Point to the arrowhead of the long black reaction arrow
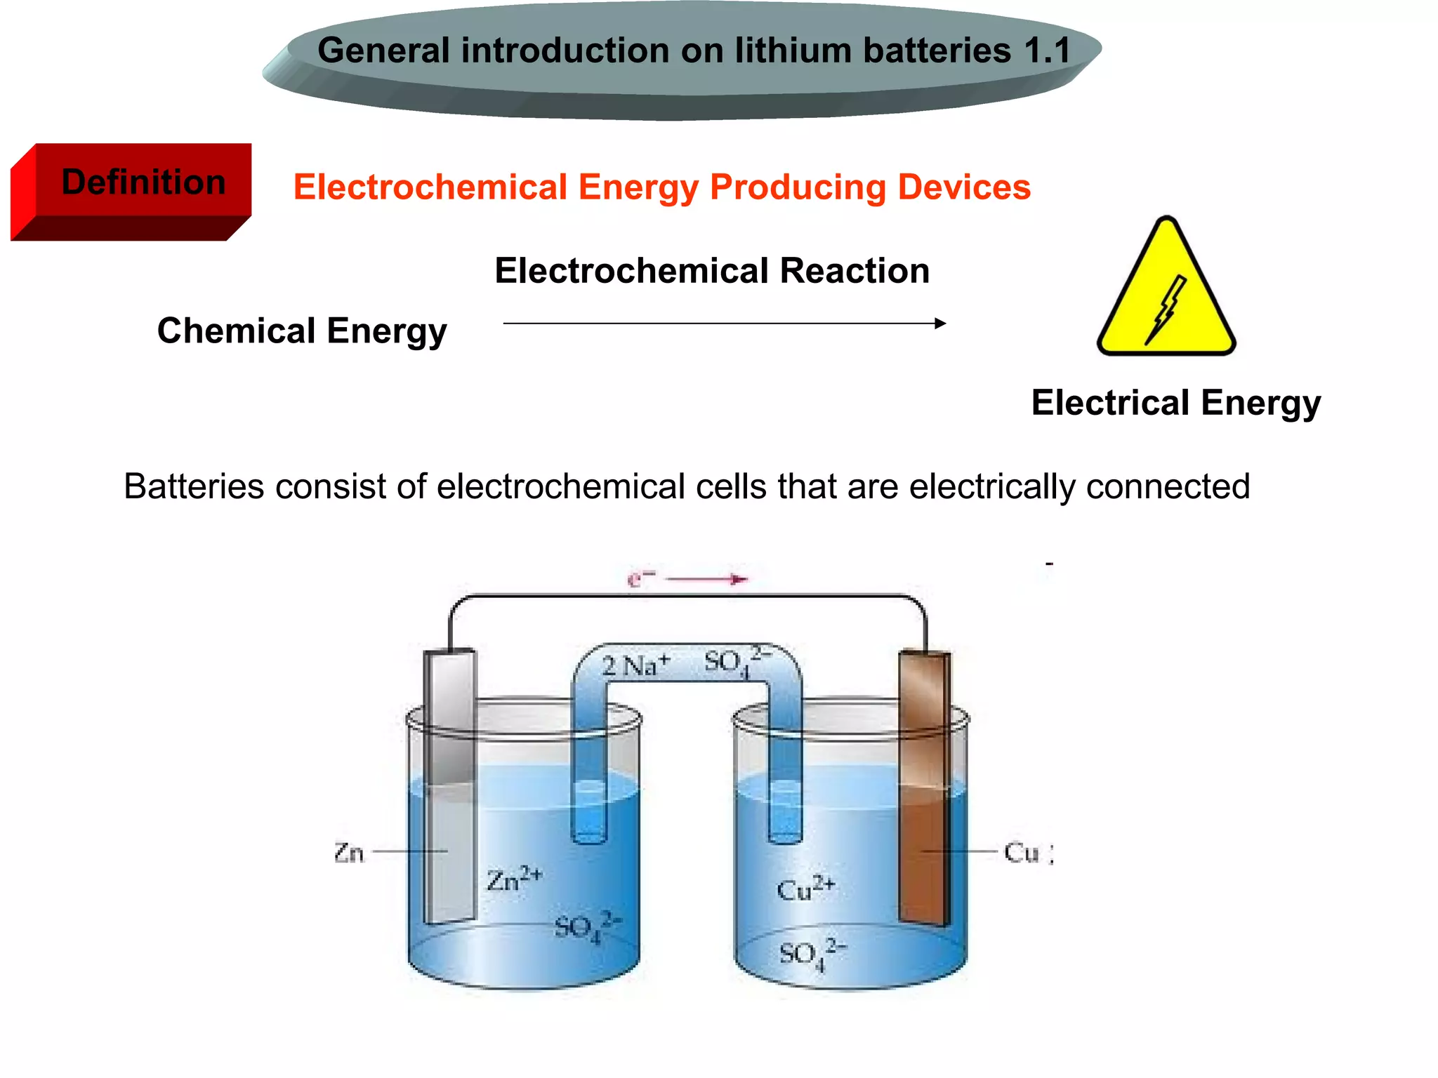(940, 324)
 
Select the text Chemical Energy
(302, 331)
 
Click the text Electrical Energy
(1176, 403)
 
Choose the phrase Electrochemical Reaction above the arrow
(712, 271)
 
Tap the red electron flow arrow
(706, 580)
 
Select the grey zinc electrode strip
(450, 786)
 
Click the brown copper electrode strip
(925, 786)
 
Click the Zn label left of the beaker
(349, 853)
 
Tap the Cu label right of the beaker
(1022, 853)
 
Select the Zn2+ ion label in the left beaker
(514, 880)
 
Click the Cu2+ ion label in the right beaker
(805, 889)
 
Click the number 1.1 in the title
(1047, 51)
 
